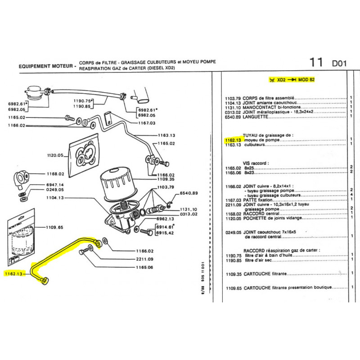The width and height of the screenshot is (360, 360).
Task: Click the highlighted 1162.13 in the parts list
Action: point(232,140)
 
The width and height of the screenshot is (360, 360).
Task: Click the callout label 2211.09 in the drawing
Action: point(144,259)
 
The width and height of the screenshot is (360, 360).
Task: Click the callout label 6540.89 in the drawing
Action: point(189,193)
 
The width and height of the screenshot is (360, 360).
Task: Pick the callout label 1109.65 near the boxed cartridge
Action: point(54,228)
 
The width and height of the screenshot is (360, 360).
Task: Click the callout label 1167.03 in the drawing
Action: point(146,122)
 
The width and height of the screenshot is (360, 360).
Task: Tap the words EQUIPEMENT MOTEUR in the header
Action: point(45,66)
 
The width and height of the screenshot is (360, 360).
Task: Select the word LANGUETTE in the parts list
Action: point(255,116)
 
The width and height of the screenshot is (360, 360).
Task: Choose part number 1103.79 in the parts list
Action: point(233,98)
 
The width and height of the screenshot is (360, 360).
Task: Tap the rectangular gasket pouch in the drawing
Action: point(85,155)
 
